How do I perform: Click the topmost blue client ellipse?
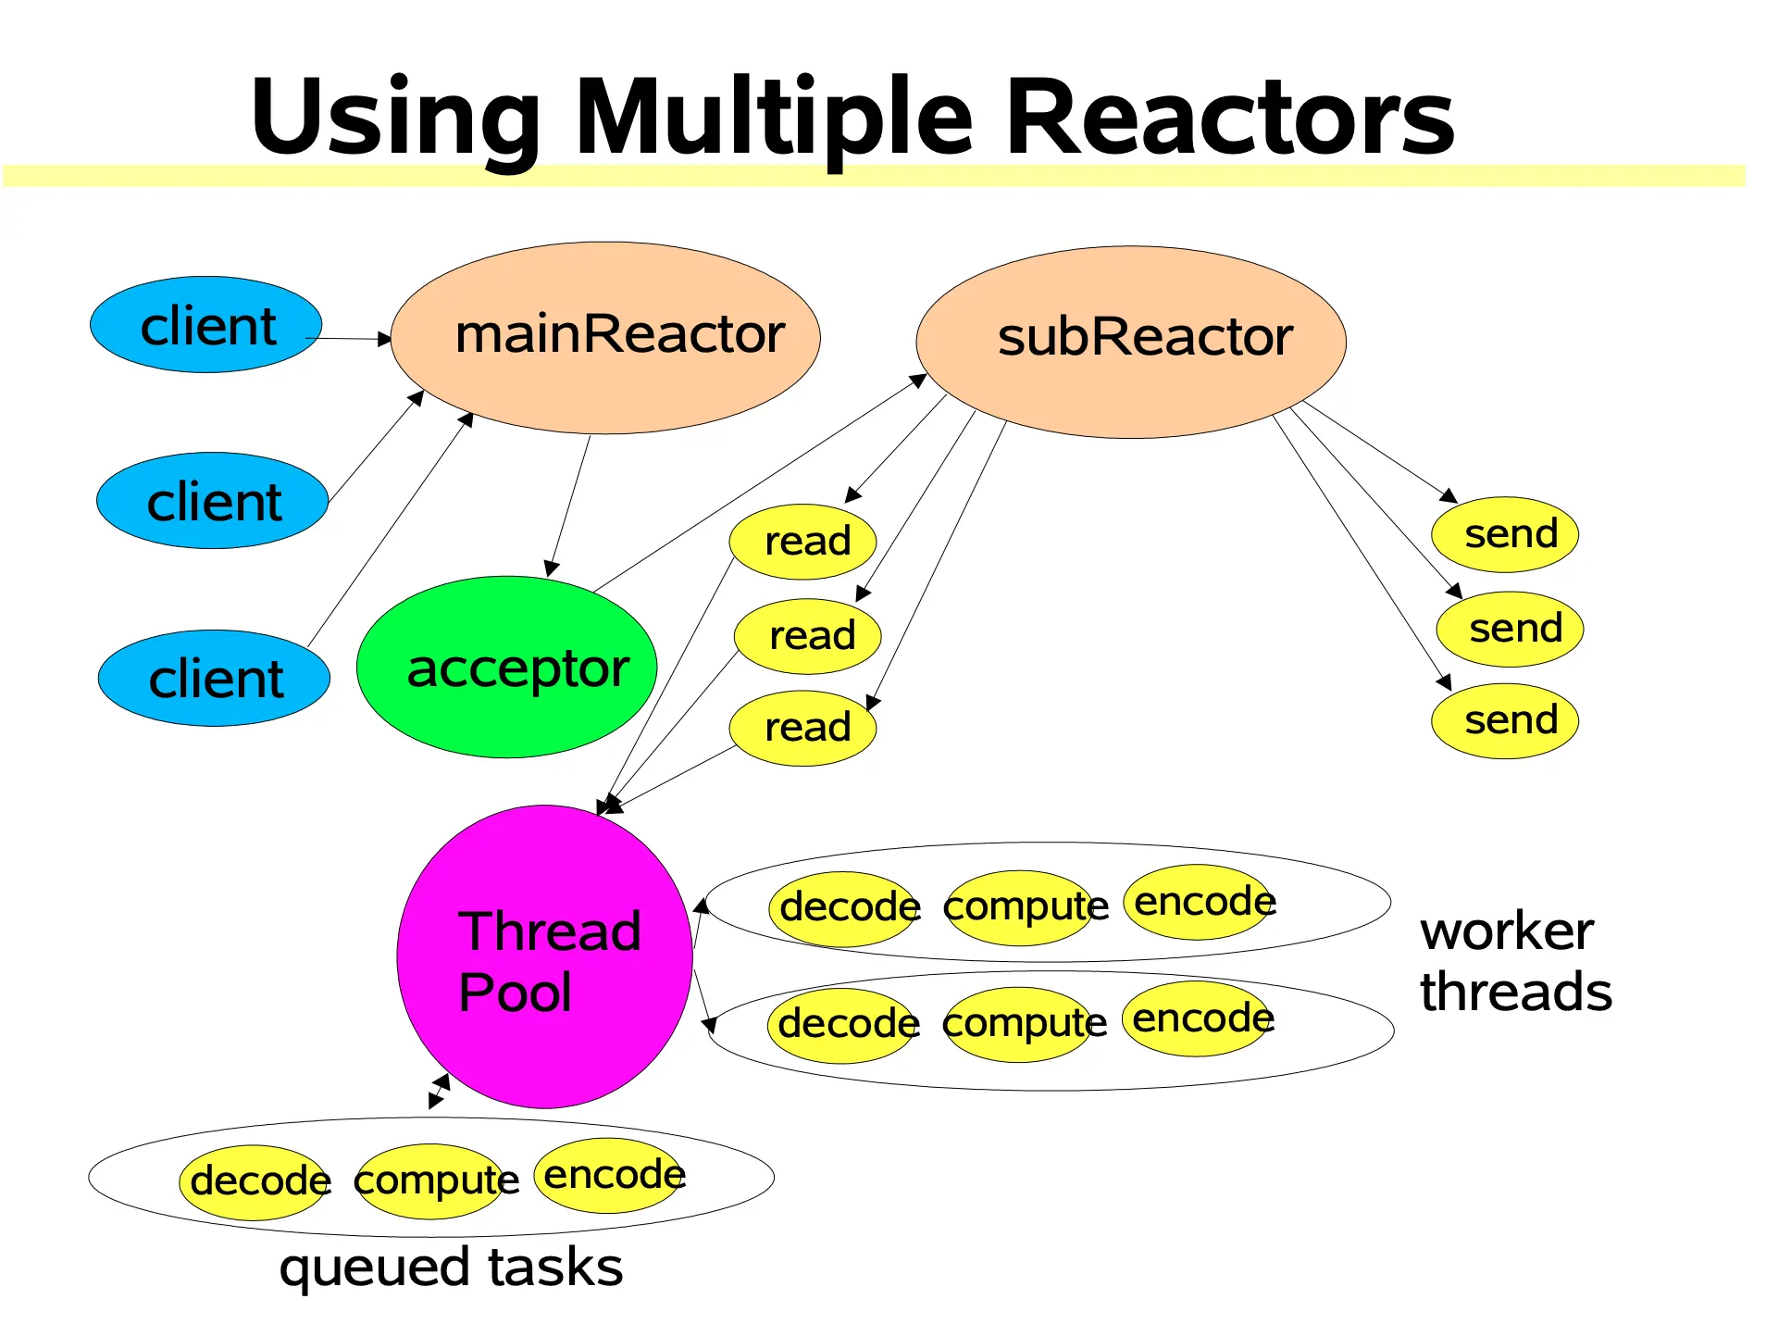(205, 325)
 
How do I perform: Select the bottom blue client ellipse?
(214, 679)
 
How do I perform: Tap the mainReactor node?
(606, 337)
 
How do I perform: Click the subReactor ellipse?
(1130, 341)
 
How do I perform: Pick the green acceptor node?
(506, 668)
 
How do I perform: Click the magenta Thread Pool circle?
(544, 956)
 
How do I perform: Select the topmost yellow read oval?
(802, 542)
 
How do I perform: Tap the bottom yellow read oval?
(802, 728)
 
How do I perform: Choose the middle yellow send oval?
(1509, 630)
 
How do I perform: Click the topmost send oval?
(1504, 534)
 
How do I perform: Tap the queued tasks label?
(451, 1268)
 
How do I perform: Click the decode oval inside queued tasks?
(255, 1181)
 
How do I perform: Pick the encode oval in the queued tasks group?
(610, 1175)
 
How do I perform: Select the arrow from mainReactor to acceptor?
(570, 506)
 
